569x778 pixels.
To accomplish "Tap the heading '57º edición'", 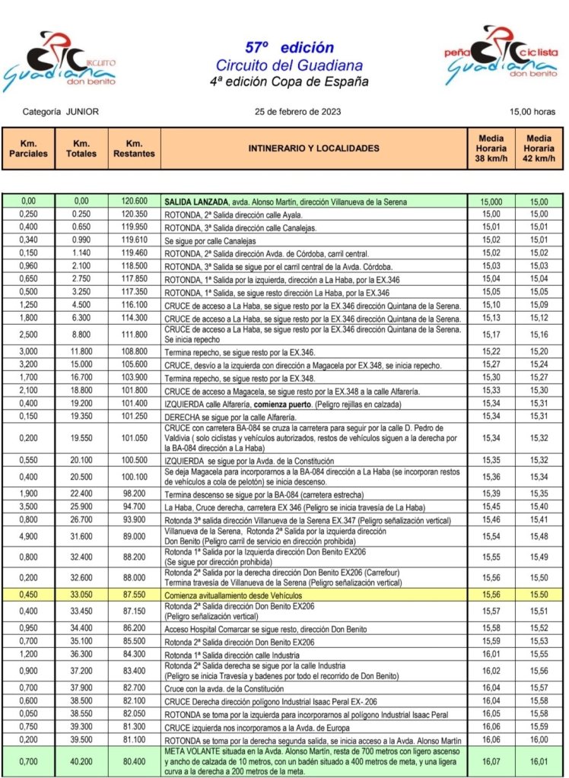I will point(289,47).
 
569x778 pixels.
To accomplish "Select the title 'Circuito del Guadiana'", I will point(289,65).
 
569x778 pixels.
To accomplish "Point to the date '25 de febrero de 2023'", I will point(297,112).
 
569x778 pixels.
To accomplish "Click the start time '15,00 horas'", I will point(532,112).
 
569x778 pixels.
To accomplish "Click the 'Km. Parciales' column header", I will point(28,148).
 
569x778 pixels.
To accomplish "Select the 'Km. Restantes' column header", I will point(134,148).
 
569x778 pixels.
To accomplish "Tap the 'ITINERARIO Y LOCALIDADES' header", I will point(313,148).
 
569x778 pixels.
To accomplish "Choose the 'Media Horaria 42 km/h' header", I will point(539,148).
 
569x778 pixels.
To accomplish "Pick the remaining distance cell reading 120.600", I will point(134,202).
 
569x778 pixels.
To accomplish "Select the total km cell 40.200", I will point(81,761).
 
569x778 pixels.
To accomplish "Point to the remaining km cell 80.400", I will point(134,761).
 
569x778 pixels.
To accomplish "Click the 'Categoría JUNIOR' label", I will point(61,112).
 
